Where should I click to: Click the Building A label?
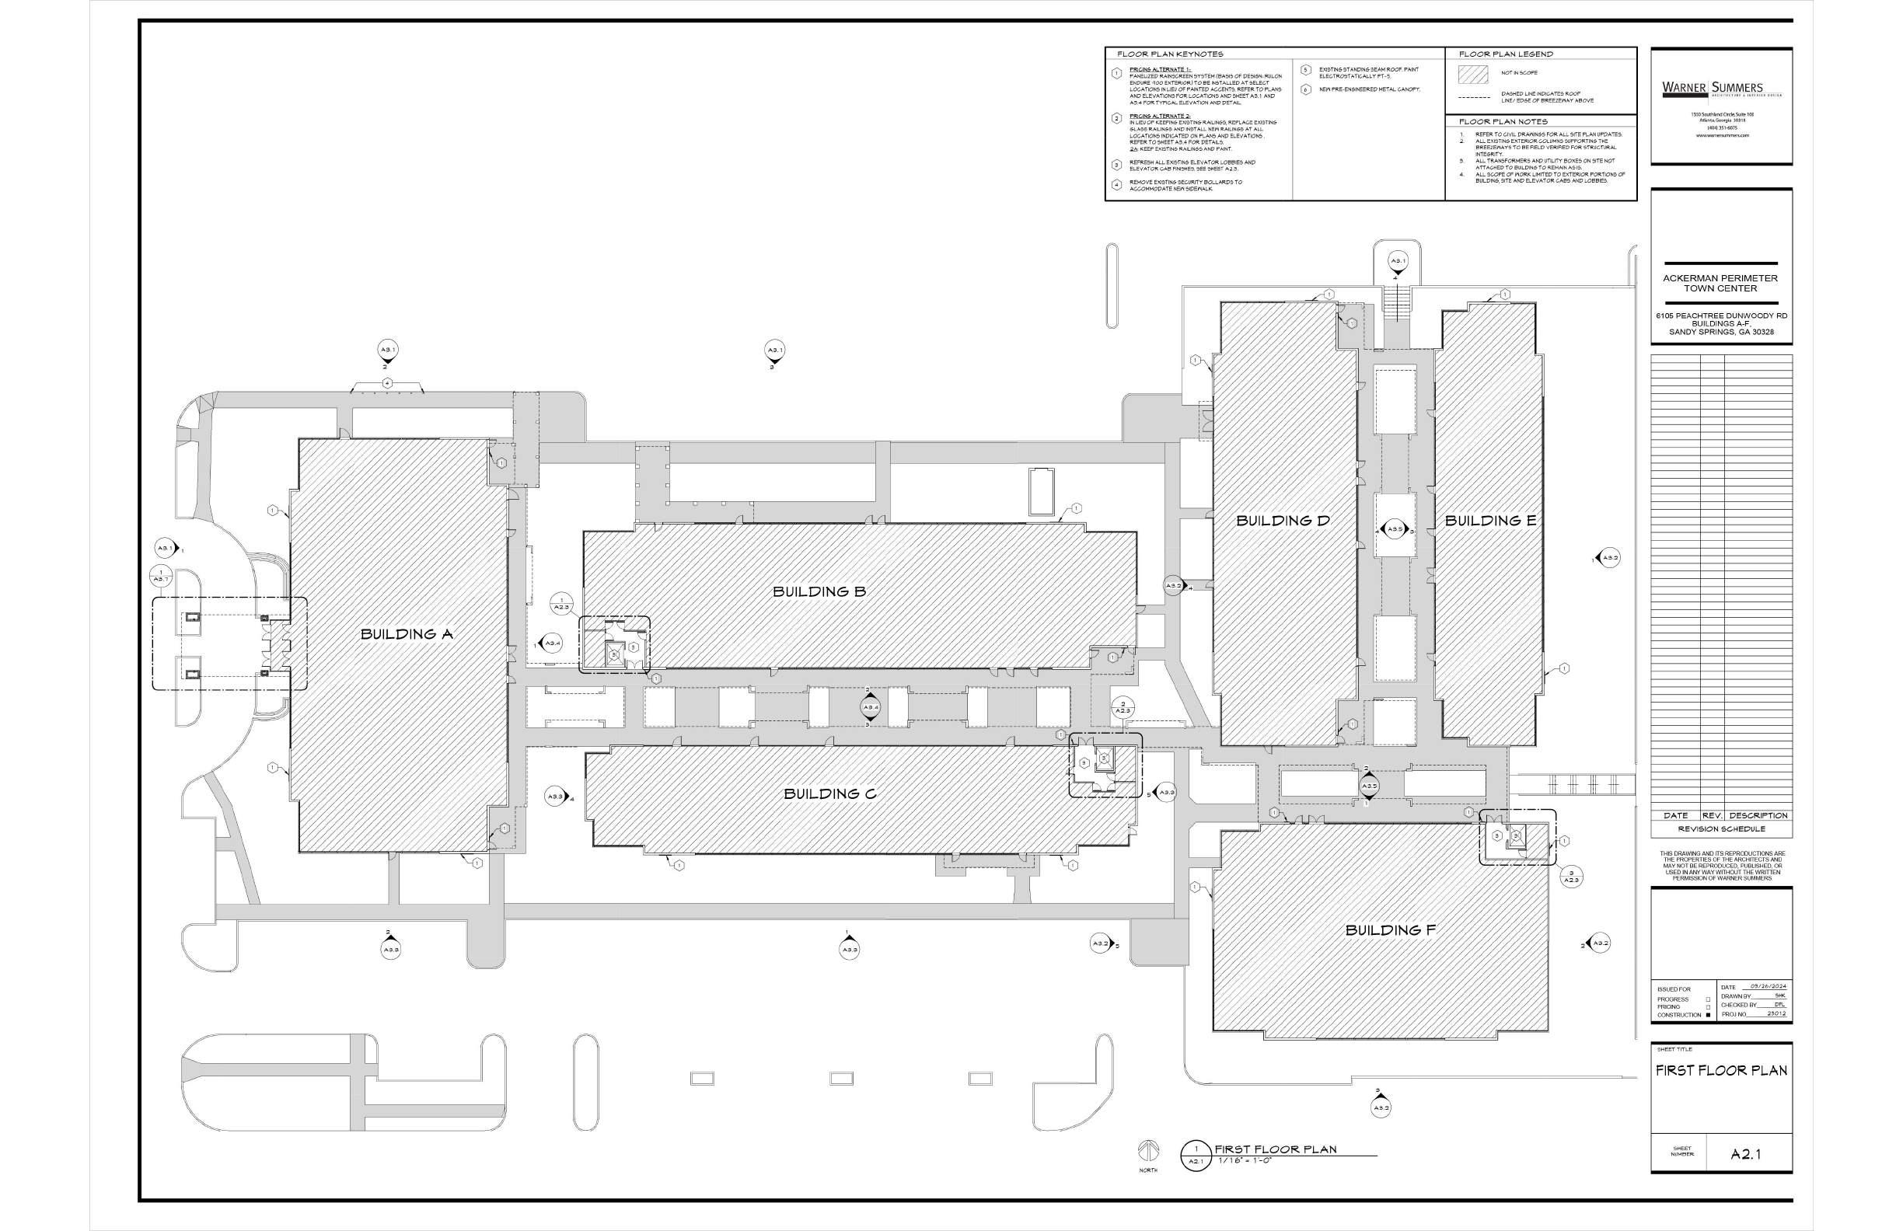click(x=407, y=634)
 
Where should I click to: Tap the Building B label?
click(x=819, y=591)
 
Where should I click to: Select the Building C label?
click(x=830, y=793)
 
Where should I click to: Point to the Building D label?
click(x=1283, y=521)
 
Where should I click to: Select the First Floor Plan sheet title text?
click(x=1720, y=1070)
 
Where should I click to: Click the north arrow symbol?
click(x=1148, y=1151)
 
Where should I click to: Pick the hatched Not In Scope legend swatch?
click(x=1473, y=74)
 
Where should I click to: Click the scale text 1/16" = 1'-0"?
click(x=1245, y=1160)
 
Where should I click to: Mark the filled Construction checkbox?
click(x=1708, y=1015)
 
